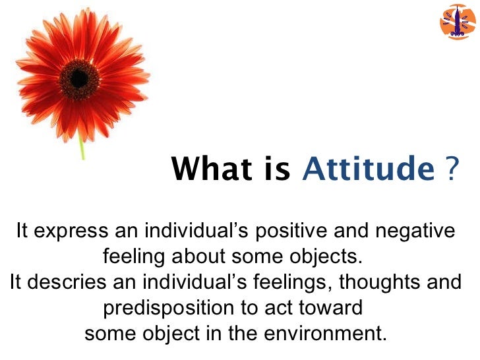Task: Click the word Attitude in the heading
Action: [365, 169]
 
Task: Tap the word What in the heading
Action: [207, 169]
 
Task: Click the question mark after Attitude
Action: [452, 169]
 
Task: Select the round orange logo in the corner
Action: [457, 21]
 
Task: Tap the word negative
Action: [413, 231]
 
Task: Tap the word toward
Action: [332, 307]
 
